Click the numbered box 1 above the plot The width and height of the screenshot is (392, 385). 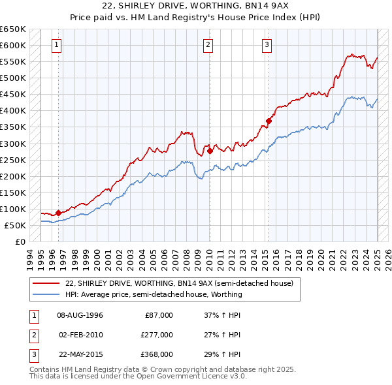pyautogui.click(x=57, y=45)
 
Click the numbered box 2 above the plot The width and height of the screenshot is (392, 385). pyautogui.click(x=208, y=45)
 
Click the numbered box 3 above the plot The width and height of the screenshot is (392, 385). pyautogui.click(x=267, y=45)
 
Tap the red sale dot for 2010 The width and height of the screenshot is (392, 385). pyautogui.click(x=210, y=151)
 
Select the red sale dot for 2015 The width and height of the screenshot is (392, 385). pyautogui.click(x=269, y=121)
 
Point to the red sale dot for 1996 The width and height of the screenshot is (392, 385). pyautogui.click(x=58, y=213)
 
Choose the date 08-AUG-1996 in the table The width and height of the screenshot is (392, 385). pyautogui.click(x=80, y=315)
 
